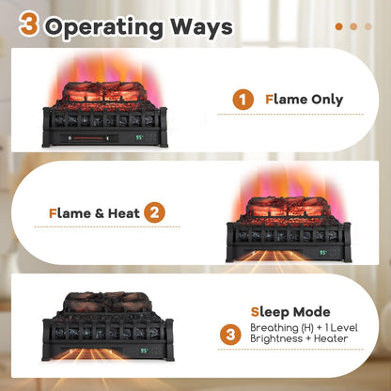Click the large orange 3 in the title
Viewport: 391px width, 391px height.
click(x=29, y=24)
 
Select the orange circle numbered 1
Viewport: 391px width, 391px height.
click(x=244, y=100)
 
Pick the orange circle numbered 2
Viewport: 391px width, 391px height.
click(x=155, y=213)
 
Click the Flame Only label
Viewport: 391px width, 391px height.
click(x=305, y=100)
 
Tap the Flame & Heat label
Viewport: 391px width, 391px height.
click(x=94, y=213)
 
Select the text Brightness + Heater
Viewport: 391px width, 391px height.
click(x=299, y=339)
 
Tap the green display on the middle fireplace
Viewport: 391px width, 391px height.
click(x=323, y=252)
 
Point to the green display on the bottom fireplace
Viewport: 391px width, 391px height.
click(x=144, y=352)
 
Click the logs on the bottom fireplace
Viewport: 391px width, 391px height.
click(x=108, y=304)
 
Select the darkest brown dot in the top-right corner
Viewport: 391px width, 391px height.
click(x=338, y=26)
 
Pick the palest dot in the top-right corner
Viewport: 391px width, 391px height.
click(x=369, y=26)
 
